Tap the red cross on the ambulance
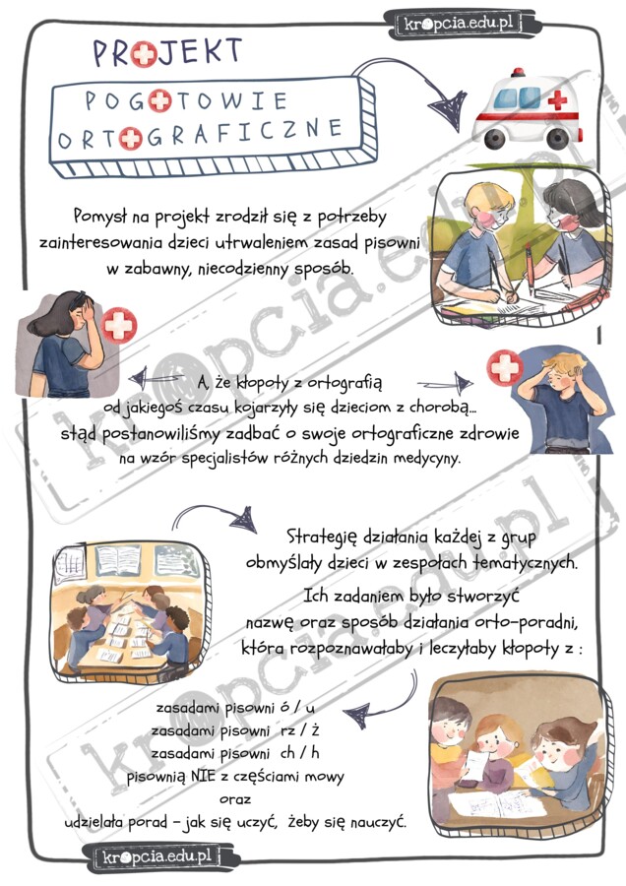[557, 99]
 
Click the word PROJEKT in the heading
[167, 50]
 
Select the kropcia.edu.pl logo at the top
[456, 22]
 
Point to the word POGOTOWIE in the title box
[186, 100]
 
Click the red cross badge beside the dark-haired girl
[119, 324]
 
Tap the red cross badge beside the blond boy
[505, 369]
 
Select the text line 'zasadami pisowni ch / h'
[236, 753]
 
